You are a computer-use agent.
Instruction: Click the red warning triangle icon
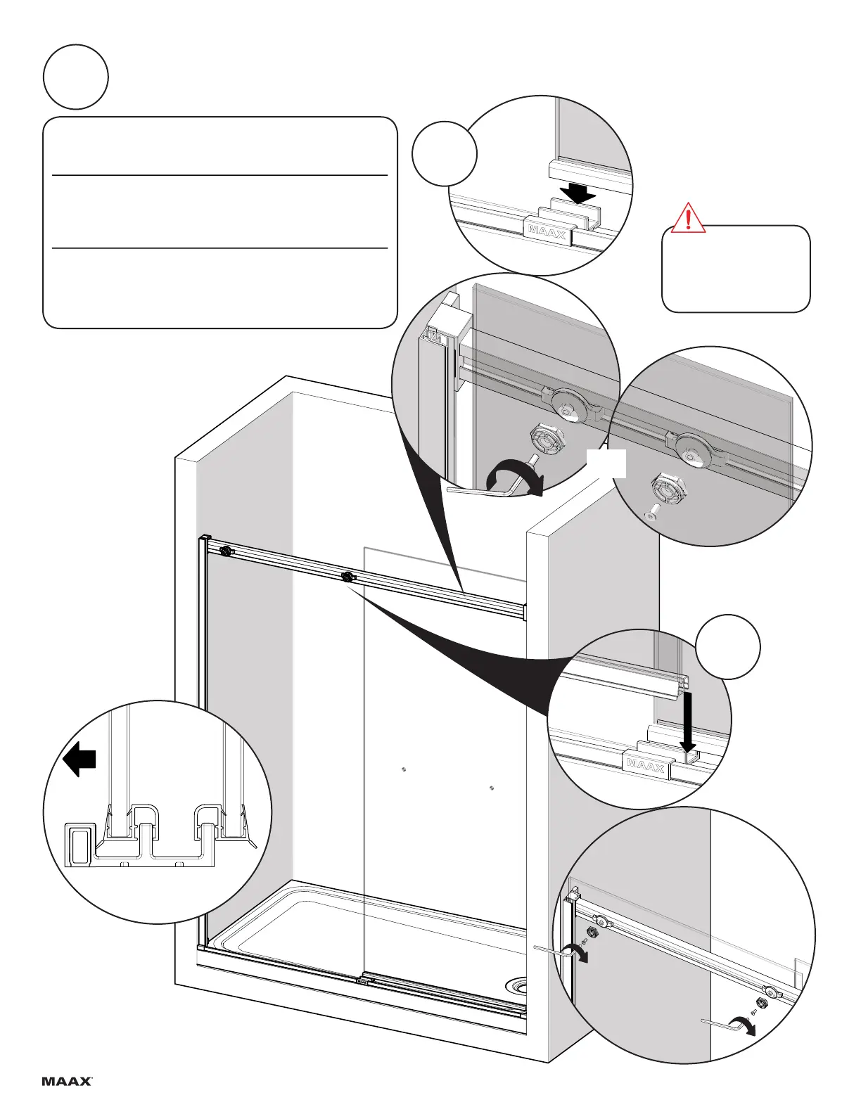pos(688,217)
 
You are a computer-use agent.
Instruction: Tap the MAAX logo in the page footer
pos(68,1081)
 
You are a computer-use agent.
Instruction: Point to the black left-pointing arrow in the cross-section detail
pos(79,761)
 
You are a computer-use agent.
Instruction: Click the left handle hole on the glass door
pos(402,769)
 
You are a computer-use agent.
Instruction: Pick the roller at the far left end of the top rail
pos(225,551)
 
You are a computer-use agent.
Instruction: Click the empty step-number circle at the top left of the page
pos(75,77)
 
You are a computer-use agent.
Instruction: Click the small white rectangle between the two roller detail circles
pos(606,464)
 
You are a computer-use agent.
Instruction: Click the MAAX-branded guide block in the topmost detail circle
pos(547,231)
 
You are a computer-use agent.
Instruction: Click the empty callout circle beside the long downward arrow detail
pos(728,647)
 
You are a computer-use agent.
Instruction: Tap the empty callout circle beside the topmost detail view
pos(445,153)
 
